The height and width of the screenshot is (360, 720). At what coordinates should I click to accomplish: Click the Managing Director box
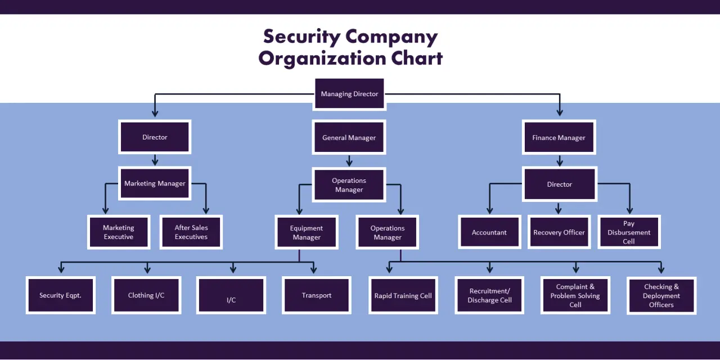point(349,94)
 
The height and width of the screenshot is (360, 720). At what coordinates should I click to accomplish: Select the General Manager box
point(349,137)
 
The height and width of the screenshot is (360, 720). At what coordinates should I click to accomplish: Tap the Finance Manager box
point(559,137)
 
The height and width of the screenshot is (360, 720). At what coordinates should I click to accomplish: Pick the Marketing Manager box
point(155,183)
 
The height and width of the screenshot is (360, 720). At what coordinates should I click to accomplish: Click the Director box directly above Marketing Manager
point(155,137)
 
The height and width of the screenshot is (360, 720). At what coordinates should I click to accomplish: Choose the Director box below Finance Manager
point(559,184)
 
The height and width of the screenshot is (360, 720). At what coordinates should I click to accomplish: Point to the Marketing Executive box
point(118,232)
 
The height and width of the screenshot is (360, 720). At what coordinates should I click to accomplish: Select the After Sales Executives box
point(191,232)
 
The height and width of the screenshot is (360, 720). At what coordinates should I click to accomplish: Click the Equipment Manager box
point(307,233)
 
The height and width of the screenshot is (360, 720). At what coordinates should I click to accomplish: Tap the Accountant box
point(489,232)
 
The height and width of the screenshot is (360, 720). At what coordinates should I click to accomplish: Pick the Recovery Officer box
point(559,232)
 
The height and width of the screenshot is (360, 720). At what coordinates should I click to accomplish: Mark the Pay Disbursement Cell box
point(629,232)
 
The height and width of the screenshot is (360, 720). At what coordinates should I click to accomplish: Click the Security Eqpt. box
point(61,295)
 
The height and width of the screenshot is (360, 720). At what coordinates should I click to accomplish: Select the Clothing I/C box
point(146,295)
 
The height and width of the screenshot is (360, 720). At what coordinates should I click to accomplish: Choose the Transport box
point(317,295)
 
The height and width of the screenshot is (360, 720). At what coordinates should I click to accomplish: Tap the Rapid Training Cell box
point(403,295)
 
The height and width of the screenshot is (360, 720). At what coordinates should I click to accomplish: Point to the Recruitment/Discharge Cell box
point(489,295)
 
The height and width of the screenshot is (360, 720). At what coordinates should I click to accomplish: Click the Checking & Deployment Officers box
point(661,295)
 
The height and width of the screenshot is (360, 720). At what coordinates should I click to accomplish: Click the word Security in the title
point(301,37)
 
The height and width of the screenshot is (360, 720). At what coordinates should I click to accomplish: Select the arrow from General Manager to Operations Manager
point(349,161)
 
